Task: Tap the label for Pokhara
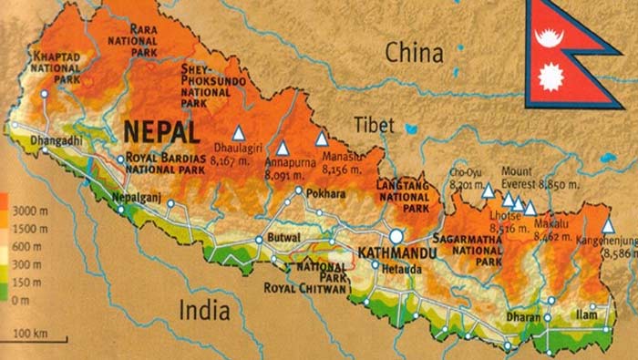tap(327, 194)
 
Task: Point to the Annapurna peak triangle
tap(283, 148)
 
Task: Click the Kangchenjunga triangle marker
tap(608, 225)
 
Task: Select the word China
tap(416, 52)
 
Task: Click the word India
tap(204, 310)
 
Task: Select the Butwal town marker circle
tap(259, 240)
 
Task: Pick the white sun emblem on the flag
tap(551, 79)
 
